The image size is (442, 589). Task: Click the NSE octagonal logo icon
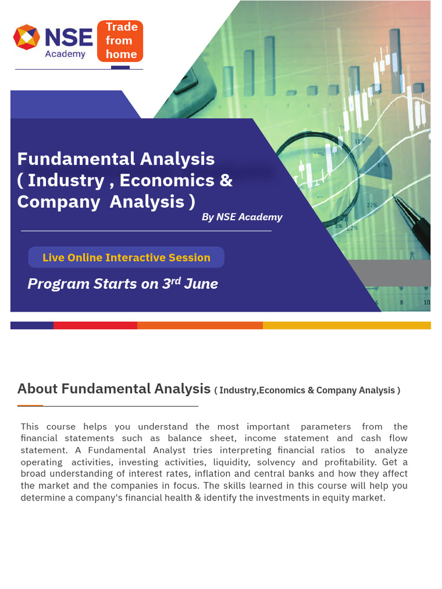(26, 37)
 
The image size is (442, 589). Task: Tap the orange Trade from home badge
(120, 41)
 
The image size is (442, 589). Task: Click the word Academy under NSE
(65, 54)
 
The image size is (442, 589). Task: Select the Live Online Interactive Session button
(126, 258)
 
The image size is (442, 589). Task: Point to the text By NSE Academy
(242, 217)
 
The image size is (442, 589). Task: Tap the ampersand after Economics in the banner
(226, 180)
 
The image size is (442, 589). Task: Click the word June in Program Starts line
(201, 284)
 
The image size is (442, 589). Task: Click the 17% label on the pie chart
(382, 165)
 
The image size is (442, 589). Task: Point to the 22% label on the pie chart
(372, 205)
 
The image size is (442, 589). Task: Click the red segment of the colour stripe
(95, 325)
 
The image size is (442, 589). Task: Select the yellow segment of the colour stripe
(346, 325)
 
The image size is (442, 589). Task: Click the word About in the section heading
(37, 389)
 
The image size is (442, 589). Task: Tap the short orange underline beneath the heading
(30, 406)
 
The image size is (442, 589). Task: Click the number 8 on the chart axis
(402, 303)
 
